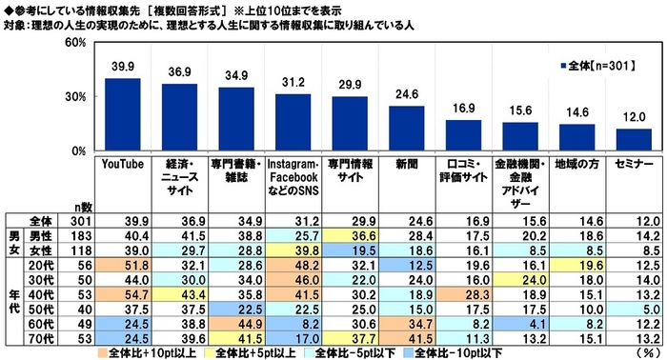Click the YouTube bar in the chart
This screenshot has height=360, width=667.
122,114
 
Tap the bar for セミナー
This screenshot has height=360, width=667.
634,140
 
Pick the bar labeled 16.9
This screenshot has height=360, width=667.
463,135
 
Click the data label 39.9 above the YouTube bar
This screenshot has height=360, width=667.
122,65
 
